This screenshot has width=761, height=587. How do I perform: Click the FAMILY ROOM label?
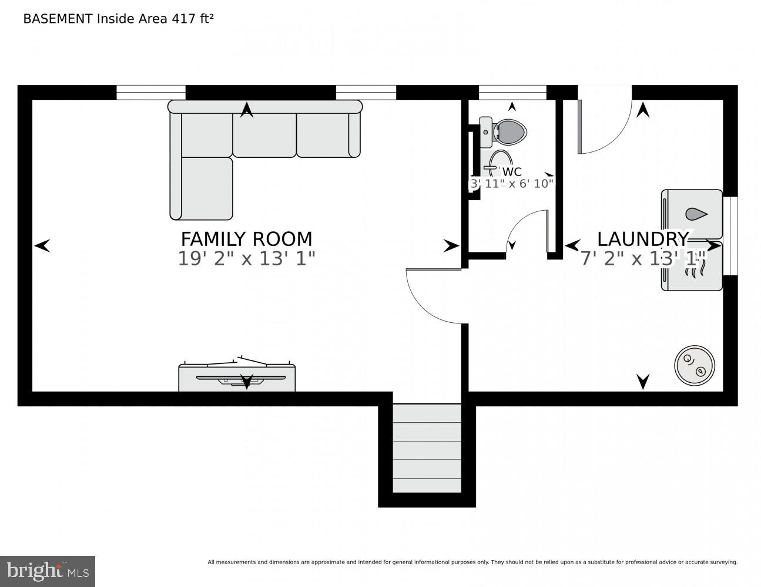pyautogui.click(x=246, y=239)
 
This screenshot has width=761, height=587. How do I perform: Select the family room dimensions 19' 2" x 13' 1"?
pyautogui.click(x=246, y=258)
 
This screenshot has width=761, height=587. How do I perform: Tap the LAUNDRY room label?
pyautogui.click(x=642, y=239)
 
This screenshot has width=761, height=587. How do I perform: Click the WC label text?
pyautogui.click(x=512, y=172)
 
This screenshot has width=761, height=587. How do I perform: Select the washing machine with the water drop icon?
pyautogui.click(x=692, y=214)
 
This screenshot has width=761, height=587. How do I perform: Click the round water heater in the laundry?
pyautogui.click(x=694, y=365)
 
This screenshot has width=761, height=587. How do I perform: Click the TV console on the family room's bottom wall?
pyautogui.click(x=237, y=378)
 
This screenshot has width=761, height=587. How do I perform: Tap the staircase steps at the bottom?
pyautogui.click(x=427, y=449)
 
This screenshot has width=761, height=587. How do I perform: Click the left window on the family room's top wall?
pyautogui.click(x=151, y=92)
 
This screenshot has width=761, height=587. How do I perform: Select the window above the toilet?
pyautogui.click(x=512, y=92)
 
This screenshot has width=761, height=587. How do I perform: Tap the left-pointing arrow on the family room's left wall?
pyautogui.click(x=42, y=246)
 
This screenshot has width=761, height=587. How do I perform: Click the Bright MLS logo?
pyautogui.click(x=48, y=571)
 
